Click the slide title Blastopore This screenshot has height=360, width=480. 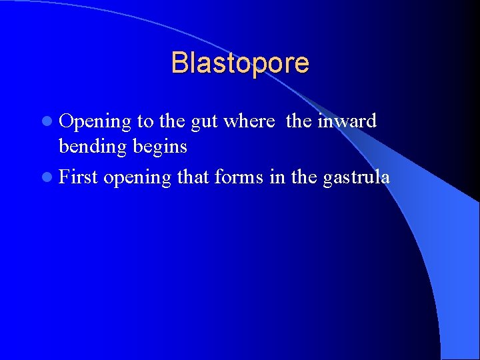coord(240,63)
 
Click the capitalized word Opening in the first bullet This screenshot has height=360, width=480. coord(95,122)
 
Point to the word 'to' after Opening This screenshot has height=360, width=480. coord(145,122)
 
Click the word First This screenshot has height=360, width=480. coord(78,177)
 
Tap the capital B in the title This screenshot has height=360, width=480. coord(179,63)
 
